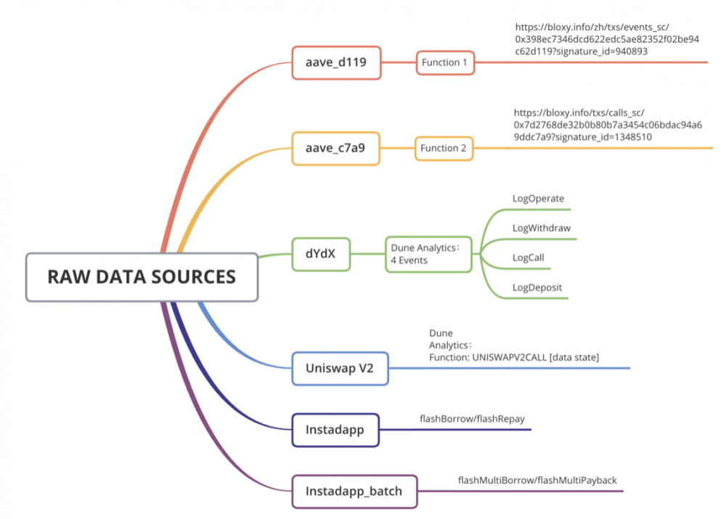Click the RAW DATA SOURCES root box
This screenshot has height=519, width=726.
[142, 277]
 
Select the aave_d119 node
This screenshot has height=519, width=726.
[335, 62]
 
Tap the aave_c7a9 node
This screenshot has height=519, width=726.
[335, 148]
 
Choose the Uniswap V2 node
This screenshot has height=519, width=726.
[340, 369]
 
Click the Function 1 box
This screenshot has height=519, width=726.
[444, 62]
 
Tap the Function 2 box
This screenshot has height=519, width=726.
[444, 148]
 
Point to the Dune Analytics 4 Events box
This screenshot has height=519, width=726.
[428, 254]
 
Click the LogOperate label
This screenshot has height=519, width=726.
[538, 198]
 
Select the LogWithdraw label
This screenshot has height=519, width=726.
[541, 228]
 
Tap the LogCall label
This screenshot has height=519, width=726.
[528, 258]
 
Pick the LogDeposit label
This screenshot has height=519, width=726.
[537, 287]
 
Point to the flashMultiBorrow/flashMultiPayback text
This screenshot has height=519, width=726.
[537, 481]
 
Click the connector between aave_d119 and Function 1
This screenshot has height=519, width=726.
[397, 62]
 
